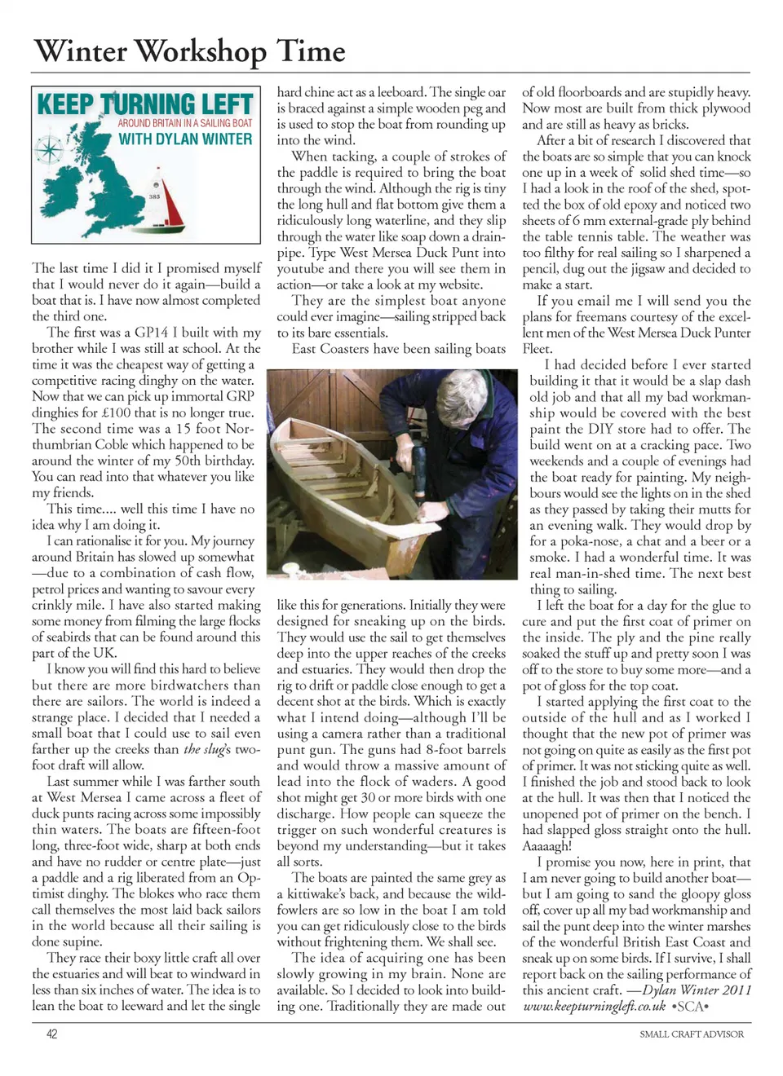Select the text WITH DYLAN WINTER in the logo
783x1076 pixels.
pyautogui.click(x=185, y=139)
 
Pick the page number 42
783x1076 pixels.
pyautogui.click(x=51, y=1034)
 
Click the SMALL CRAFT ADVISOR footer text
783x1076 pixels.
pyautogui.click(x=691, y=1034)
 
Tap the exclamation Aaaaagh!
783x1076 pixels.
pyautogui.click(x=546, y=845)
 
